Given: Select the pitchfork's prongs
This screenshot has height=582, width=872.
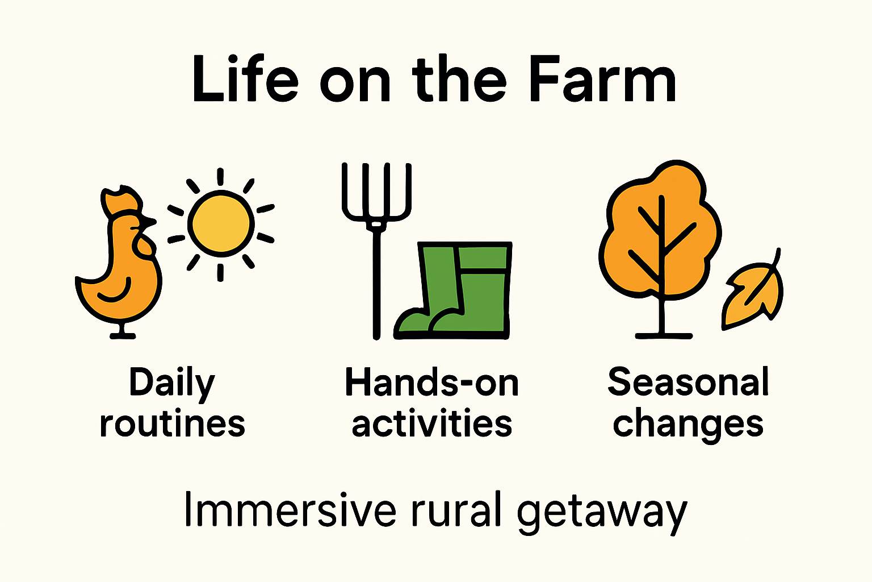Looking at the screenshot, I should (x=376, y=193).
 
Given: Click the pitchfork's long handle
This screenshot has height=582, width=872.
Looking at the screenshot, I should (x=376, y=284).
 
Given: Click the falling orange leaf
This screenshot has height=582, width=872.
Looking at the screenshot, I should (x=752, y=293).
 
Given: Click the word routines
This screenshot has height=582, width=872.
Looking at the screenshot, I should (x=172, y=424).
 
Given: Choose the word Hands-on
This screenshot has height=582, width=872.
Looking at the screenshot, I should (x=431, y=383).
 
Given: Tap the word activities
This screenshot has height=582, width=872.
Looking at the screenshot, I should (x=431, y=424).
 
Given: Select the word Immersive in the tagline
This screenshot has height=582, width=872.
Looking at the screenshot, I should (x=290, y=510).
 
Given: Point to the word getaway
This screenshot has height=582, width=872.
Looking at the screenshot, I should (x=602, y=512).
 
